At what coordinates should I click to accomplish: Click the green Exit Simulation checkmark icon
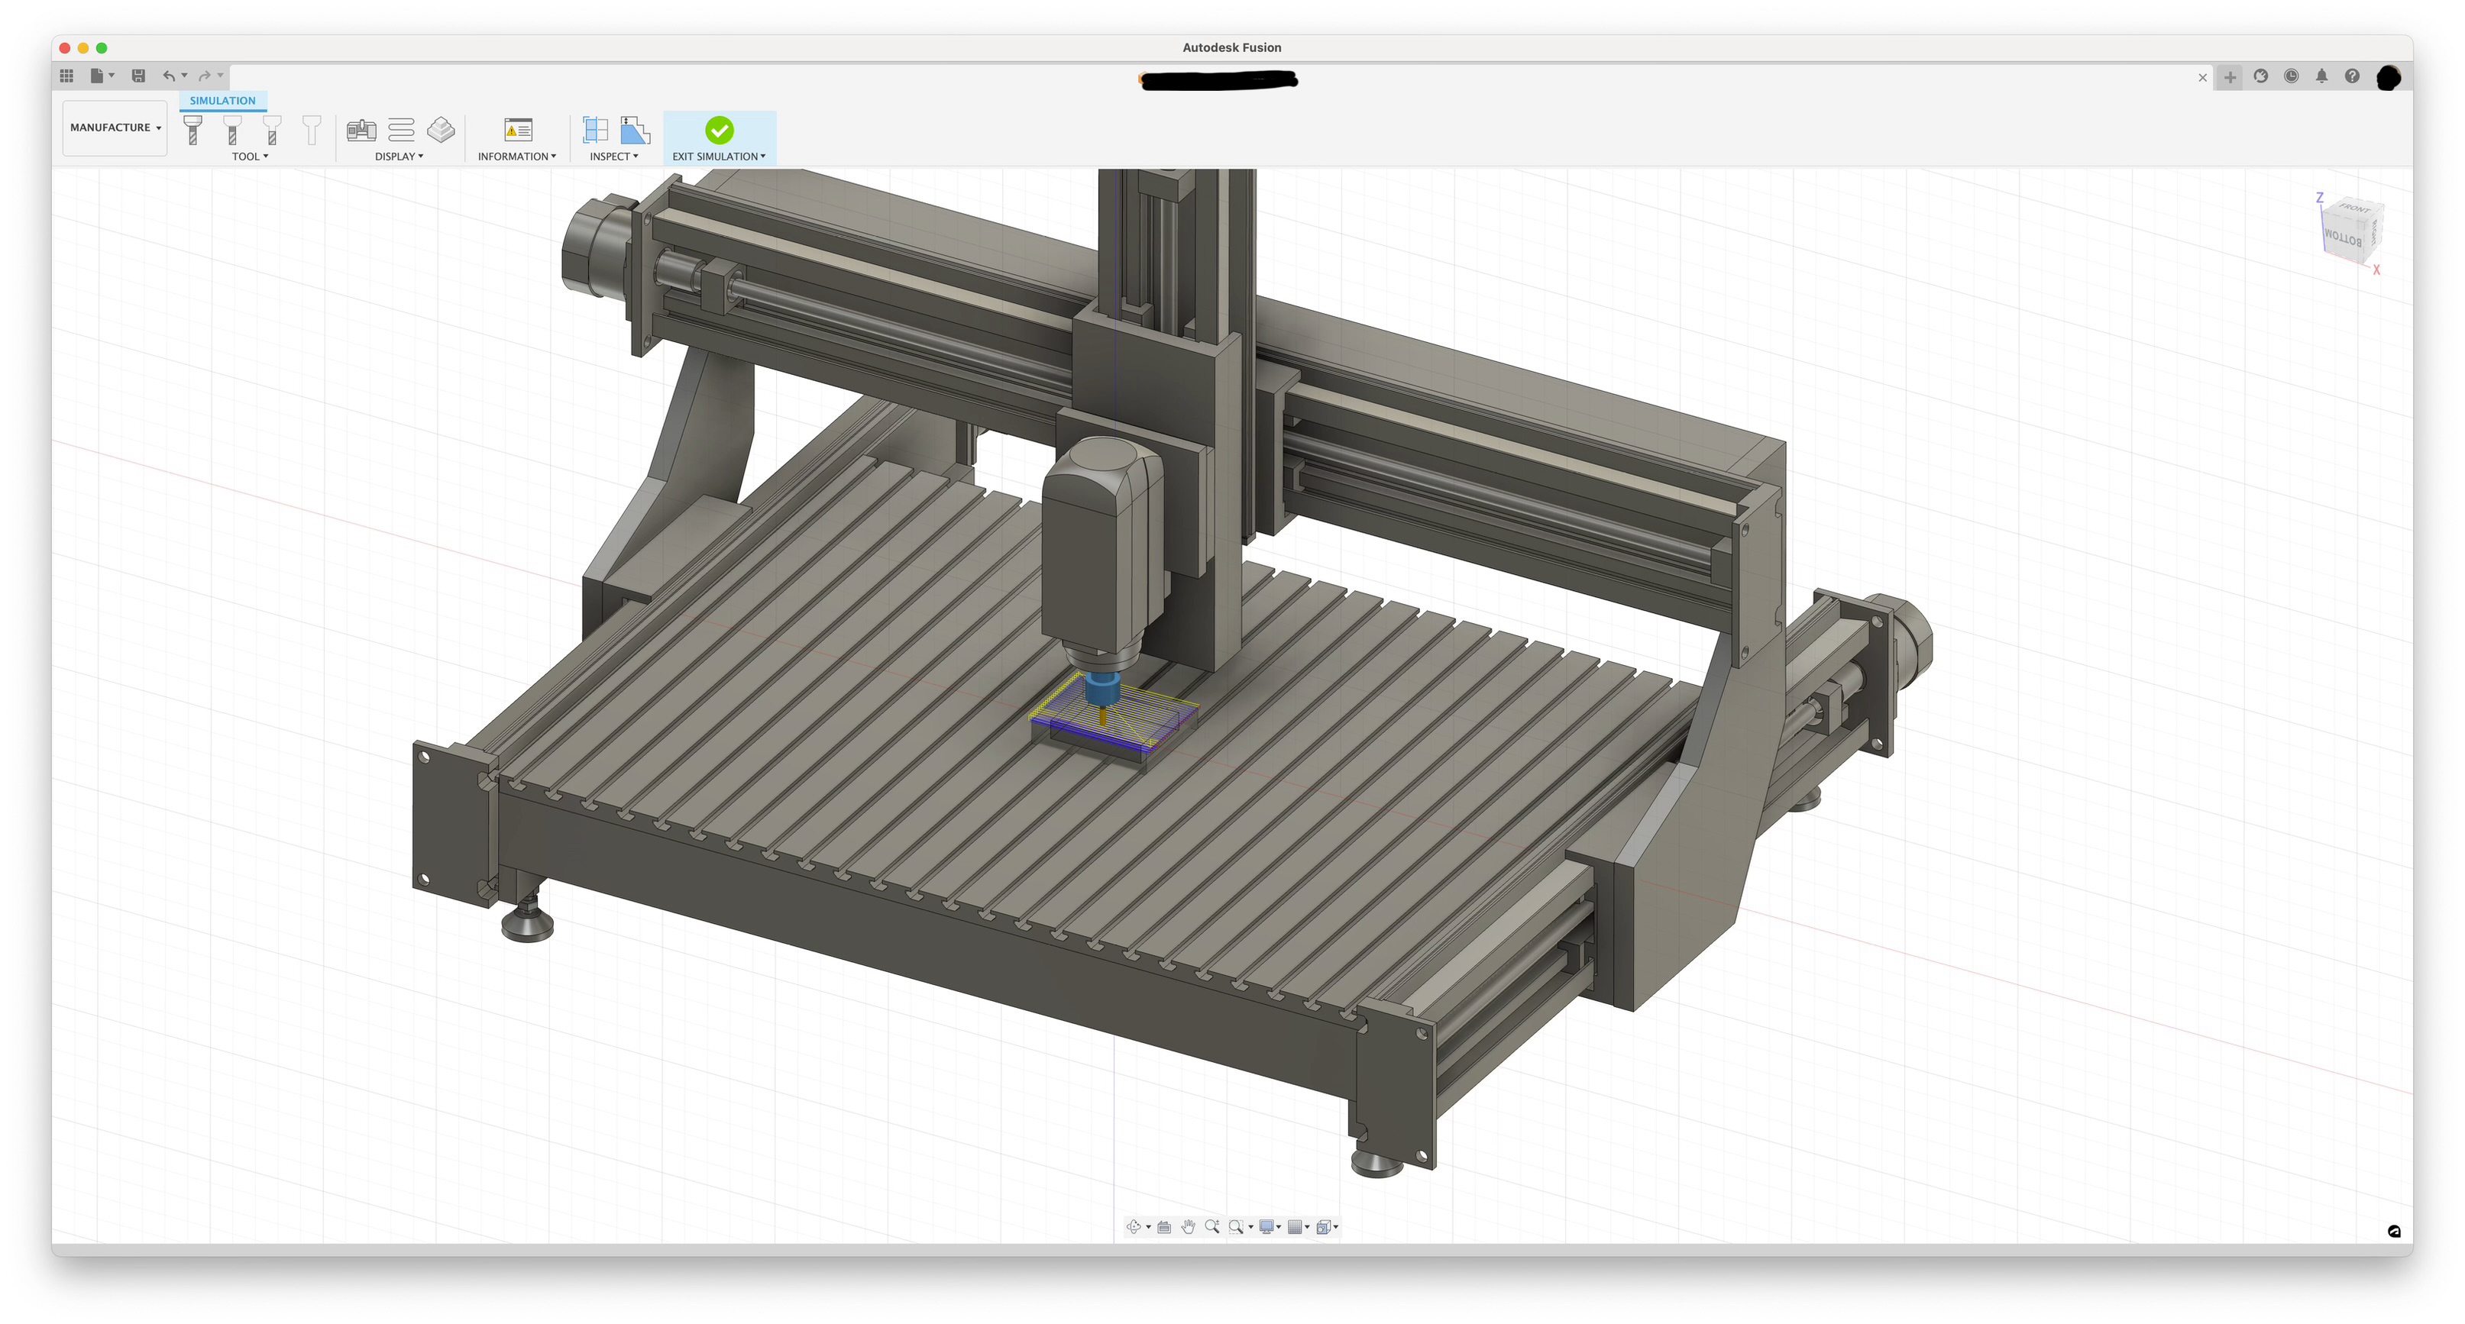click(x=719, y=129)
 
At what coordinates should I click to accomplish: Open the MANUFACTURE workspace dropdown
click(x=115, y=128)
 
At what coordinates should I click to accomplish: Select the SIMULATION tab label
click(x=222, y=101)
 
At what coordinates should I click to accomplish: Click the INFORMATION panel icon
click(x=518, y=129)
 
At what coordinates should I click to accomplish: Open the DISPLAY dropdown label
click(x=398, y=156)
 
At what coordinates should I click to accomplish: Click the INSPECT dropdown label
click(x=613, y=156)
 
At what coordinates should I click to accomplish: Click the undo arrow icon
click(x=168, y=76)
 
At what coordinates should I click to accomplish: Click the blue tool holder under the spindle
click(x=1101, y=689)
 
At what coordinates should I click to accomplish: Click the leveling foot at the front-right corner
click(x=1377, y=1162)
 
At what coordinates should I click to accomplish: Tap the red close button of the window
click(x=64, y=48)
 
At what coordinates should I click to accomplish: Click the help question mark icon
click(x=2351, y=76)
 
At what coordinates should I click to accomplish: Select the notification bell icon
click(x=2321, y=76)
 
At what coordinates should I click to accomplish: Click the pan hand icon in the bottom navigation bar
click(x=1188, y=1226)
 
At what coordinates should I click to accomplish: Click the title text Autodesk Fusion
click(x=1231, y=48)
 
